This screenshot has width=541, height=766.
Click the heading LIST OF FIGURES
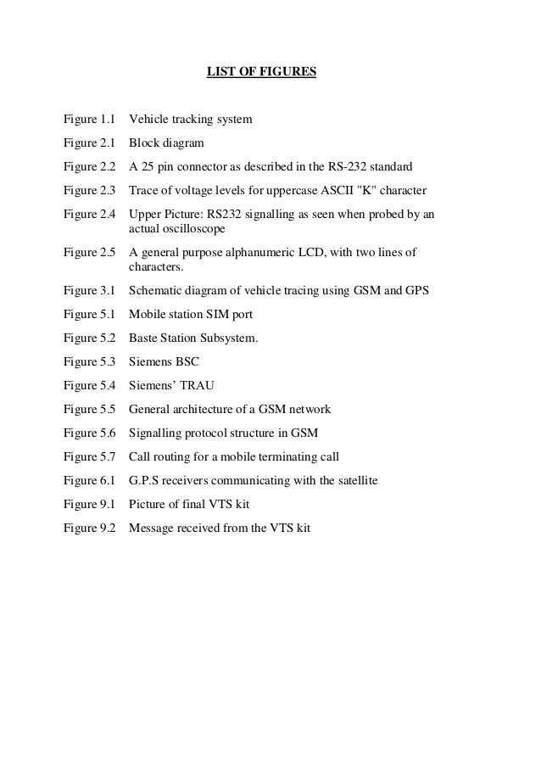pyautogui.click(x=261, y=72)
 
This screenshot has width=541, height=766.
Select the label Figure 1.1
pyautogui.click(x=89, y=120)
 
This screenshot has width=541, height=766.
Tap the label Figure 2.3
pyautogui.click(x=89, y=188)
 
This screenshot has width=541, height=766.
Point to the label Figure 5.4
pyautogui.click(x=89, y=386)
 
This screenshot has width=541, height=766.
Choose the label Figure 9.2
pyautogui.click(x=89, y=528)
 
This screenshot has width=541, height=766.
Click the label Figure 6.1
pyautogui.click(x=89, y=481)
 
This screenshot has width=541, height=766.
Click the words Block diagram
pyautogui.click(x=166, y=143)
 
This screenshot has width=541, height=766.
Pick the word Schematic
pyautogui.click(x=154, y=291)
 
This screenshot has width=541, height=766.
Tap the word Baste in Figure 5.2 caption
pyautogui.click(x=143, y=338)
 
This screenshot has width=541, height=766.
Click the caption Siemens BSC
pyautogui.click(x=164, y=362)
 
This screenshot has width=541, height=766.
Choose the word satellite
pyautogui.click(x=354, y=481)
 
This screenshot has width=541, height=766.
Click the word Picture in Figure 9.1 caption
pyautogui.click(x=148, y=505)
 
